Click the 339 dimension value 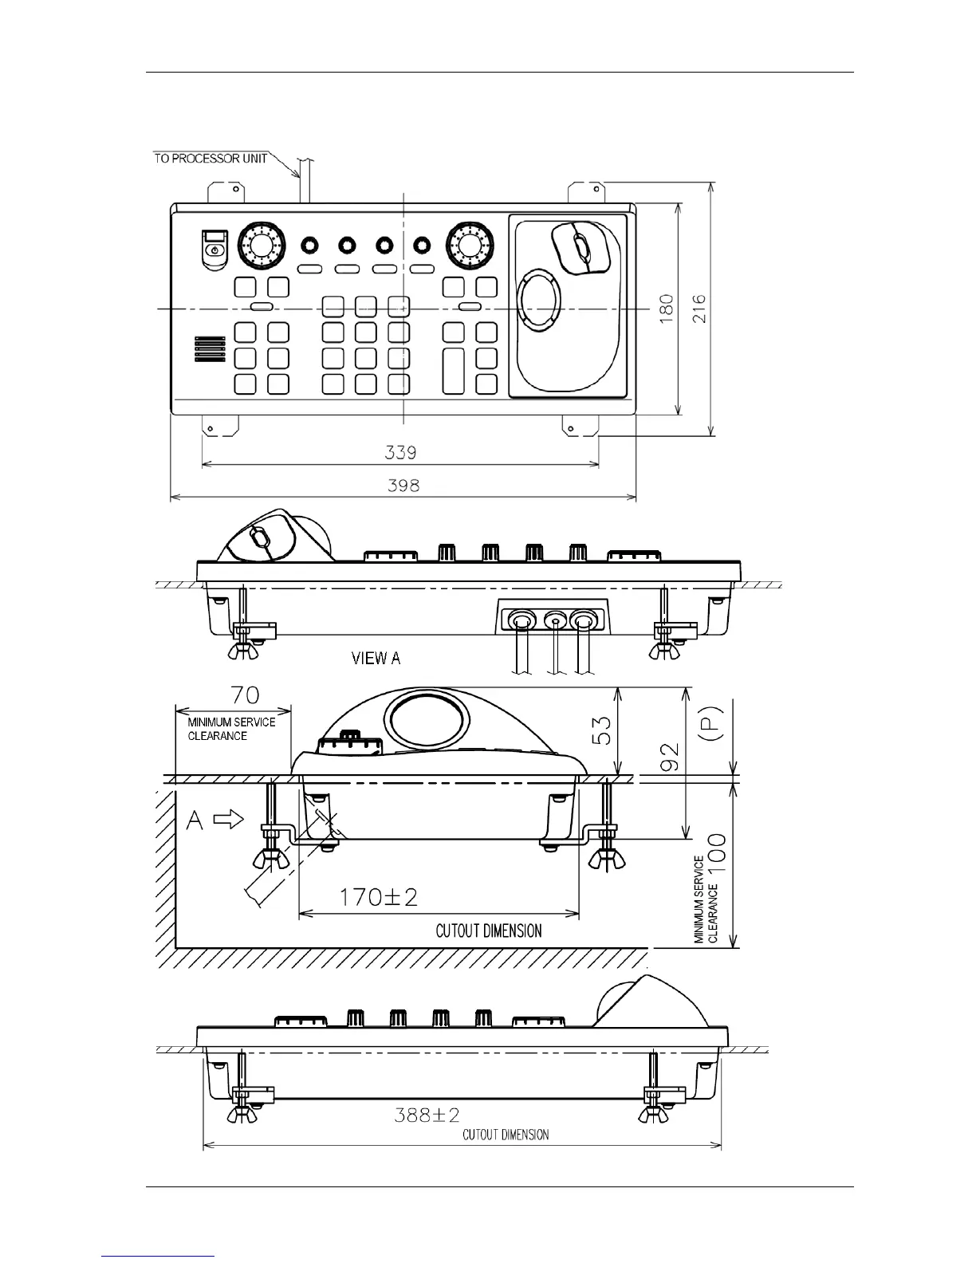pyautogui.click(x=400, y=453)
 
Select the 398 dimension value pyautogui.click(x=403, y=485)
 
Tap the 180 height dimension pyautogui.click(x=666, y=308)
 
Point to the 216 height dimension pyautogui.click(x=699, y=308)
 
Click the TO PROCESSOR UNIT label pyautogui.click(x=211, y=158)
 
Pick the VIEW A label pyautogui.click(x=376, y=659)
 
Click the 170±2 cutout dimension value pyautogui.click(x=379, y=898)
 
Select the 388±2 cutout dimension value pyautogui.click(x=427, y=1115)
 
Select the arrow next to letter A pyautogui.click(x=230, y=820)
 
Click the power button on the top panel pyautogui.click(x=214, y=250)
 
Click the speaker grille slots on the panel pyautogui.click(x=207, y=348)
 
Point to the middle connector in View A pyautogui.click(x=553, y=619)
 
